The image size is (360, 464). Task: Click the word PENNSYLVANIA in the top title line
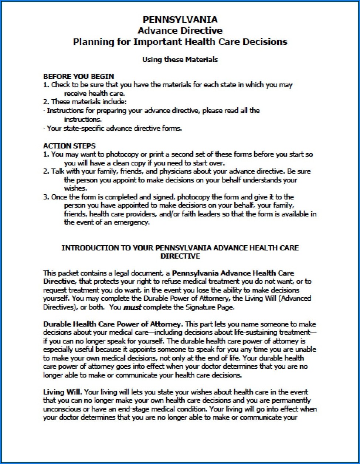click(180, 20)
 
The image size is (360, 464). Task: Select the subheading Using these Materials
click(180, 59)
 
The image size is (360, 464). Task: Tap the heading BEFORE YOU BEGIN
click(78, 77)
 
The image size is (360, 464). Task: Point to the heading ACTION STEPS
click(69, 146)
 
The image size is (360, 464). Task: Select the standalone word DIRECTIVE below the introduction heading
click(180, 256)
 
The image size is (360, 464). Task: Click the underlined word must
click(132, 307)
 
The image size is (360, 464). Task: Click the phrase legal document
click(140, 273)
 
